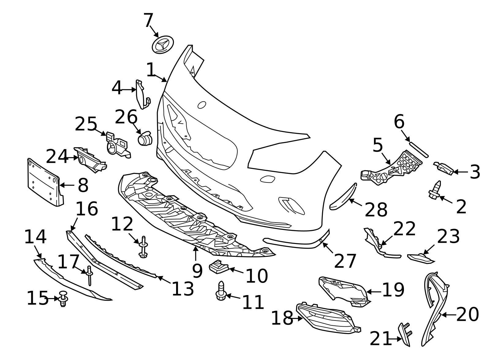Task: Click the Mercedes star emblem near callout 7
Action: click(163, 45)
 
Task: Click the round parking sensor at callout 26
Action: click(144, 139)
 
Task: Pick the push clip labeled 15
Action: click(63, 298)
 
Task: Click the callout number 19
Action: click(393, 290)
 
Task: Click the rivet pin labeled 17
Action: click(89, 276)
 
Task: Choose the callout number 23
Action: click(448, 236)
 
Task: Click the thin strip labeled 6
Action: click(419, 150)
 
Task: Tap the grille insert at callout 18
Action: click(326, 319)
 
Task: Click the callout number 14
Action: click(35, 237)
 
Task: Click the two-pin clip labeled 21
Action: click(405, 334)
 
